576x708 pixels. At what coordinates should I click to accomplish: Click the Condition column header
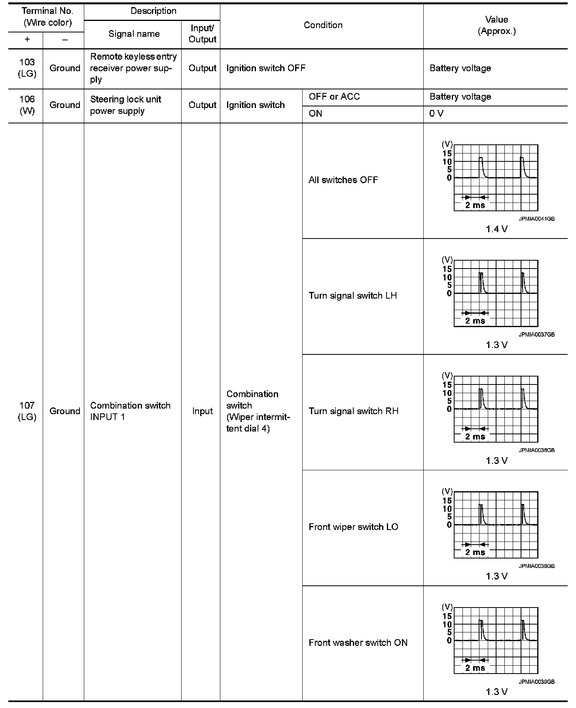click(x=323, y=25)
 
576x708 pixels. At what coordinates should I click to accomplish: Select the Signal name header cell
click(x=134, y=34)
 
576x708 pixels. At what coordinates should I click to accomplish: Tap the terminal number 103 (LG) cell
click(x=27, y=68)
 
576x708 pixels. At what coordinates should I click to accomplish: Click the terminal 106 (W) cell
click(x=27, y=105)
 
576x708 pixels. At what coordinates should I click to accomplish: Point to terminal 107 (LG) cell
click(x=27, y=411)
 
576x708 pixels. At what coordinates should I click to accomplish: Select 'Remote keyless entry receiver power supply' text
click(x=133, y=68)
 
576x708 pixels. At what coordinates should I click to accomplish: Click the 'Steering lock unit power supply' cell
click(x=125, y=105)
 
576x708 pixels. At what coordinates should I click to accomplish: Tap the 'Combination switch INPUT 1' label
click(x=130, y=411)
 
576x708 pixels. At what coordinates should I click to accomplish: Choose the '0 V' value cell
click(x=436, y=114)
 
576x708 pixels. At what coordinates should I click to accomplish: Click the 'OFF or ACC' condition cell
click(x=334, y=97)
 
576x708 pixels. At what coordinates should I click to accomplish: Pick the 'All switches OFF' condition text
click(x=343, y=180)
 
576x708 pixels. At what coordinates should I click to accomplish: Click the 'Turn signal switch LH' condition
click(x=352, y=296)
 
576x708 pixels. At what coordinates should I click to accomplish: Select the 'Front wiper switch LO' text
click(x=353, y=527)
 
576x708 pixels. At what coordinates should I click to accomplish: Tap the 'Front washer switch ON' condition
click(x=358, y=643)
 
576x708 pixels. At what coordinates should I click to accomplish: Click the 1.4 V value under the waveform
click(x=496, y=229)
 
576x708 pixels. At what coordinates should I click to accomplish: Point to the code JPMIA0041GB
click(x=536, y=219)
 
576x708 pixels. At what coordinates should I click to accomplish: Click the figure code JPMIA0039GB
click(x=536, y=681)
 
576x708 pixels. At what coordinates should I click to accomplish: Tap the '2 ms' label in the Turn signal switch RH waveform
click(x=475, y=437)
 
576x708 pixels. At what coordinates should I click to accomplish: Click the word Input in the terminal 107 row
click(x=202, y=411)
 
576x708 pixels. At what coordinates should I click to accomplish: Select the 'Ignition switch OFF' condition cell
click(x=266, y=68)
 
